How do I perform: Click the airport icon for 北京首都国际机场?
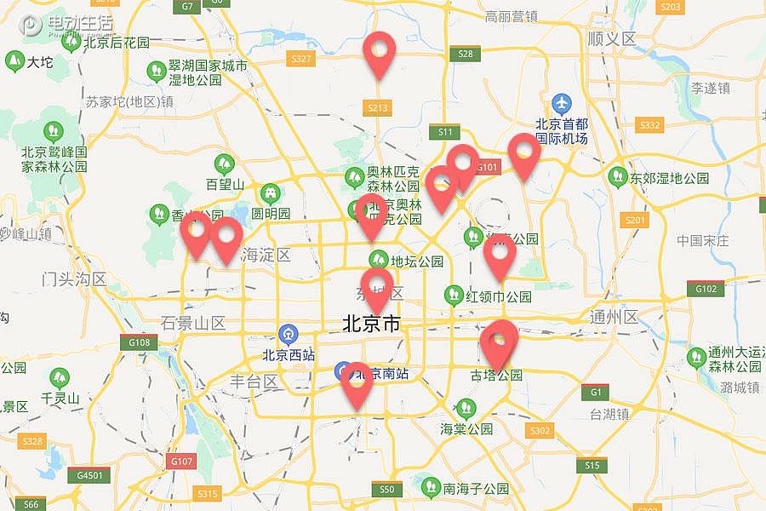coord(561,103)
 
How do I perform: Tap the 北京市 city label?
coord(371,324)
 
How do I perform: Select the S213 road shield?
coord(378,107)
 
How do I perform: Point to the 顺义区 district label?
coord(612,39)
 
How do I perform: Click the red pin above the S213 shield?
coord(379,53)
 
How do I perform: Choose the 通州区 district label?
coord(613,317)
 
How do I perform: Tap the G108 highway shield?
coord(139,342)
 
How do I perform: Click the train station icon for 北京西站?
coord(289,333)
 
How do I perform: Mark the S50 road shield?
coord(386,489)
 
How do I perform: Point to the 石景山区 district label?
coord(193,323)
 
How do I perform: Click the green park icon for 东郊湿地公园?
coord(617,176)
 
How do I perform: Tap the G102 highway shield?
coord(706,289)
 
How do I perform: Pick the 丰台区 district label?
coord(254,381)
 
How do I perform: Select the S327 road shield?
coord(301,59)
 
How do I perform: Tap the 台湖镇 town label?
coord(609,414)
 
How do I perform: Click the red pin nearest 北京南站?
coord(357,384)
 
